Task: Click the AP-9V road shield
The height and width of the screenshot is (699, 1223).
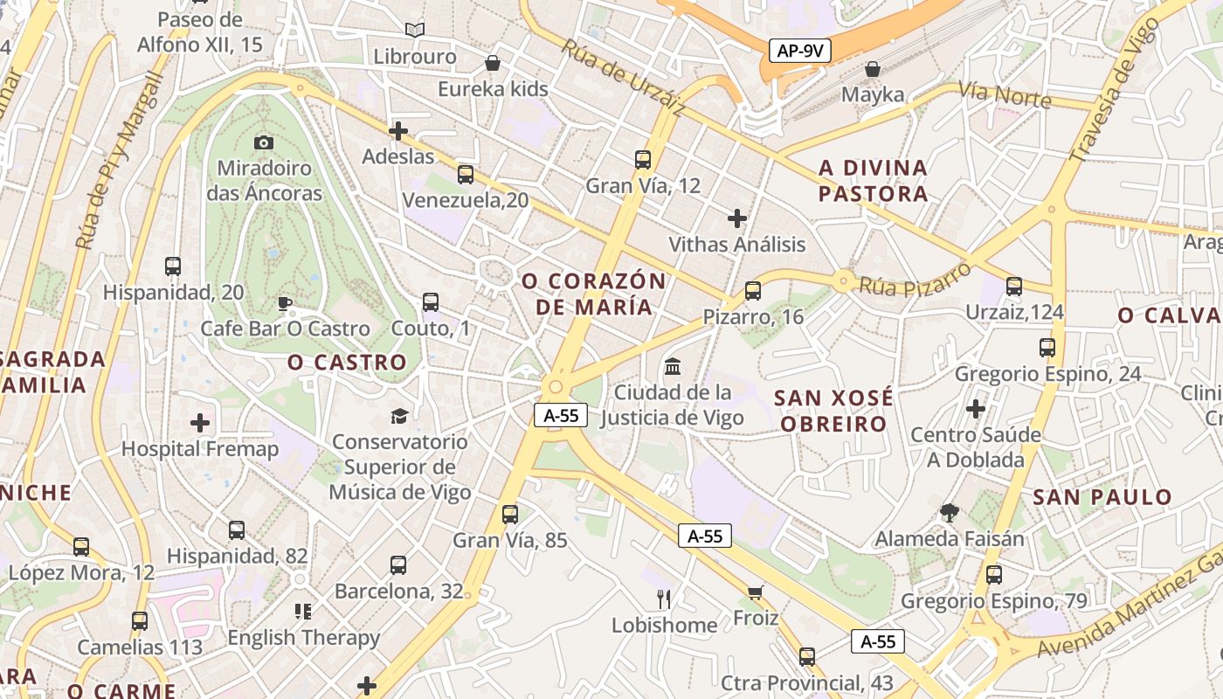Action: click(x=800, y=51)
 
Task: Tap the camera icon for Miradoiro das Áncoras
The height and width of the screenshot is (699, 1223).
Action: click(x=263, y=142)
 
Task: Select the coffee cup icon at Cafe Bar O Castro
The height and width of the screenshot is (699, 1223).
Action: click(x=284, y=303)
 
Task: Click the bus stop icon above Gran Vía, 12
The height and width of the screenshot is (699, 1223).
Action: click(x=643, y=159)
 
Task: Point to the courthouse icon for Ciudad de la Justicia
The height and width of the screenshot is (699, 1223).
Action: click(x=673, y=366)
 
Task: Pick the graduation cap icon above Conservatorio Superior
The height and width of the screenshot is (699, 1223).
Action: click(x=399, y=415)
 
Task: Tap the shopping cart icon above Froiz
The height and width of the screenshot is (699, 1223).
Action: click(x=756, y=592)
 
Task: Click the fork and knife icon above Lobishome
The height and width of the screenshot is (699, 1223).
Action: click(x=664, y=599)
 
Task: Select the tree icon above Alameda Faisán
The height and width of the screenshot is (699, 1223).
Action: click(x=950, y=513)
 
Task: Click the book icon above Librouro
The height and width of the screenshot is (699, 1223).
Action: click(x=415, y=31)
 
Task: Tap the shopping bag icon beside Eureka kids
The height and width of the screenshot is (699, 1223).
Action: click(x=493, y=63)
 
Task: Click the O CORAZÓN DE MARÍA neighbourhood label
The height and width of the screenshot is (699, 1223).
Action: click(x=594, y=294)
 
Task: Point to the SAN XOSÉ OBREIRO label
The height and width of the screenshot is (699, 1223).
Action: click(x=833, y=411)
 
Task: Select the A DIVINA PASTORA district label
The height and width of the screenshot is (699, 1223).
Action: click(x=873, y=180)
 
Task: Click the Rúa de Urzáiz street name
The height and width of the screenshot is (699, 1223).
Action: click(x=622, y=77)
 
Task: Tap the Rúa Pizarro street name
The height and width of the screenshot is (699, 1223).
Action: click(x=915, y=279)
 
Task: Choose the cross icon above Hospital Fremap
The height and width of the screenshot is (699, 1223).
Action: click(x=200, y=424)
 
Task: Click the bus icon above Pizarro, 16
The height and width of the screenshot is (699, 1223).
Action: click(x=753, y=291)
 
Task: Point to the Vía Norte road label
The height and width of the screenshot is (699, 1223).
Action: click(x=1005, y=93)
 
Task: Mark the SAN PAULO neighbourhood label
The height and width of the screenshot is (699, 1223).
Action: click(x=1102, y=497)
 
